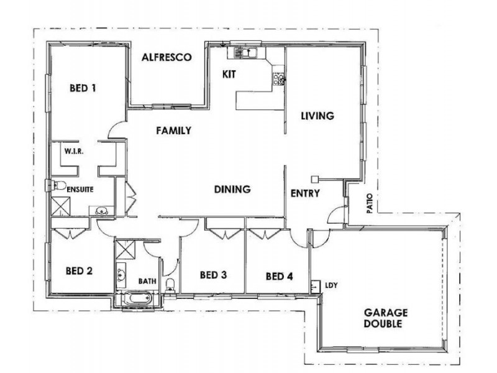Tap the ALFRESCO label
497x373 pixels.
(165, 57)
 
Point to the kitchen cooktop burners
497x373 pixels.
(278, 78)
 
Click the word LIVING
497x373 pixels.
(317, 116)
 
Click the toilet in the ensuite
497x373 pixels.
(58, 185)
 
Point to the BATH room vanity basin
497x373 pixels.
(121, 272)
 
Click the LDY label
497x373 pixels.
(331, 285)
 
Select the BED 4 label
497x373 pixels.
(278, 276)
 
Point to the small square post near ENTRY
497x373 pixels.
(315, 177)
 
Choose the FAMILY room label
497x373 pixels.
(173, 131)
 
